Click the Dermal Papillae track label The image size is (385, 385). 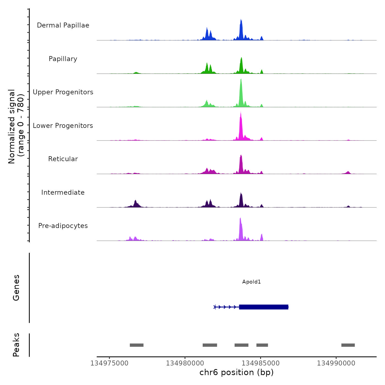coord(63,25)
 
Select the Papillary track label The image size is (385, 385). coord(63,59)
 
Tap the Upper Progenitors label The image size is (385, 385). coord(63,92)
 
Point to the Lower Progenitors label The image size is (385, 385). coord(63,126)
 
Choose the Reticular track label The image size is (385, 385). coord(63,159)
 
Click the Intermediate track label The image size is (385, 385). coord(63,193)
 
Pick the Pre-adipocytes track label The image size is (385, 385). coord(63,226)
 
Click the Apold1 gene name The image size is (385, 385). coord(251,282)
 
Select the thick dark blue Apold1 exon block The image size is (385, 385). coord(263,307)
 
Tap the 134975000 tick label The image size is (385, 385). coord(109,363)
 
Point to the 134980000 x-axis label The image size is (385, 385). coord(185,363)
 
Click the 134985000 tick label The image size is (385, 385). coord(260,363)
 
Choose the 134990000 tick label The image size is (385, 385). coord(336,363)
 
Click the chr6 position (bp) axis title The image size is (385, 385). coord(237,372)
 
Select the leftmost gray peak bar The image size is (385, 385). coord(137,345)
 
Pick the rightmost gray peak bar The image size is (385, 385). coord(348,345)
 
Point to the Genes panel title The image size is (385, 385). coord(16,288)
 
